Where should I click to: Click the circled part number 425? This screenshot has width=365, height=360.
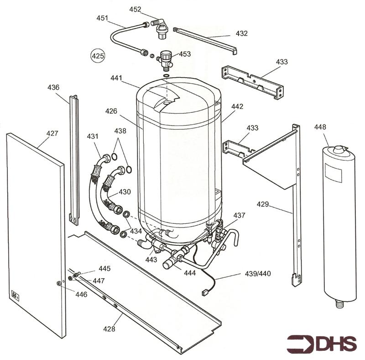(97, 56)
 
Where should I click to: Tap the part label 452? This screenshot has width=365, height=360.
(135, 9)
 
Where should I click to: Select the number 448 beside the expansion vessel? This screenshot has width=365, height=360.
(320, 127)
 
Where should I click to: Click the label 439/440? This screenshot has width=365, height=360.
(258, 274)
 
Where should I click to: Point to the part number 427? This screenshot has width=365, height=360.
(52, 134)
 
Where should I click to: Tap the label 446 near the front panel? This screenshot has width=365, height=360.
(81, 295)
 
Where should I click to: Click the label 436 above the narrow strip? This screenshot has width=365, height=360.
(54, 87)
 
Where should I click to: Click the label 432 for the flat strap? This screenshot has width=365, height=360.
(242, 33)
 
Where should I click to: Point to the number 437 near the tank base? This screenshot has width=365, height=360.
(240, 215)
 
